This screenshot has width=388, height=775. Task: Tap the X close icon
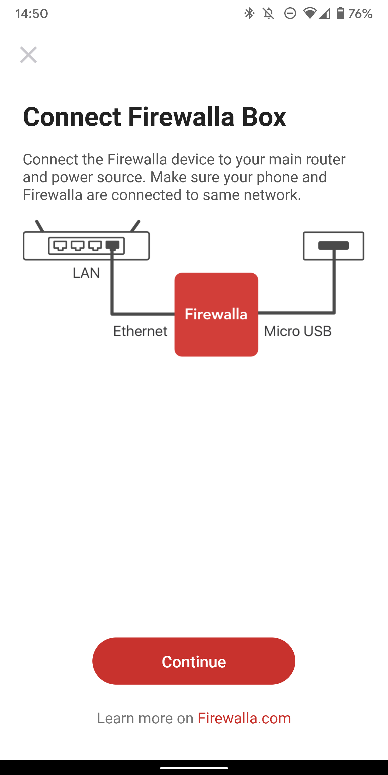(28, 55)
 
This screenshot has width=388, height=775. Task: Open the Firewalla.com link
(244, 718)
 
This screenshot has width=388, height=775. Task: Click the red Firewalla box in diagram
(216, 314)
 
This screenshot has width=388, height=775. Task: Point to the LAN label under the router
(86, 273)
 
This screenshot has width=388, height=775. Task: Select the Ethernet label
(140, 331)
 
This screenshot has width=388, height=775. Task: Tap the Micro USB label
(298, 331)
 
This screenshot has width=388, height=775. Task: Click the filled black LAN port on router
(112, 246)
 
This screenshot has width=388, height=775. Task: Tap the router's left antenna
(39, 226)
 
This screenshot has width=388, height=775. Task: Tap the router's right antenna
(135, 226)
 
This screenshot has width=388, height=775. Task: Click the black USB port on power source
(334, 245)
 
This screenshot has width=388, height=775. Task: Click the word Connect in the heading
(72, 117)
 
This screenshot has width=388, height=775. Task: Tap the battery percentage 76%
(360, 13)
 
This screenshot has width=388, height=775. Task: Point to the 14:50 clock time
(32, 13)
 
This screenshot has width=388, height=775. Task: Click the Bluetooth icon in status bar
(249, 13)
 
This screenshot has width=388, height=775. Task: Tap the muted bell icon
(268, 13)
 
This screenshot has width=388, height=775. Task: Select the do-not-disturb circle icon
(290, 13)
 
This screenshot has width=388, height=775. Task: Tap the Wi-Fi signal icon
(309, 13)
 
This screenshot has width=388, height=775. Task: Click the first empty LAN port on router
(60, 246)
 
